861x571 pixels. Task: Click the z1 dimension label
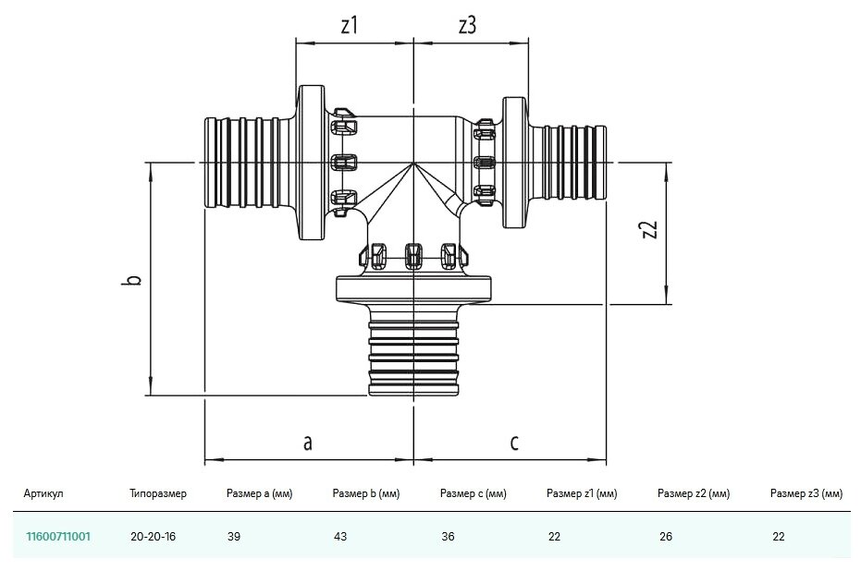click(x=349, y=26)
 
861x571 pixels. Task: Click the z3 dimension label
click(x=467, y=26)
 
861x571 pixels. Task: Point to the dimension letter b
click(x=133, y=279)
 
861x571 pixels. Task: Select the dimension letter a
click(x=307, y=443)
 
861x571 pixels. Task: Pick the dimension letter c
click(x=514, y=443)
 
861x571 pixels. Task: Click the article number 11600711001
click(x=57, y=536)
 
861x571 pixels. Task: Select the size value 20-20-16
click(x=154, y=536)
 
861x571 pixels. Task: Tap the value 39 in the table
click(x=233, y=536)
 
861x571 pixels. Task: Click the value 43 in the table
click(x=339, y=536)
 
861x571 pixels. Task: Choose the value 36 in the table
click(x=448, y=536)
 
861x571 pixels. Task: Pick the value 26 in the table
click(x=664, y=536)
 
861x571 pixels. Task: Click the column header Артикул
click(x=44, y=494)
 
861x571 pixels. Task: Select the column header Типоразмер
click(x=158, y=494)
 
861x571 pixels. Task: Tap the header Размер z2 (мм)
click(x=694, y=494)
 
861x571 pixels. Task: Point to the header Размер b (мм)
click(x=365, y=494)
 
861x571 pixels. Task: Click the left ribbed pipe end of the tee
click(x=242, y=164)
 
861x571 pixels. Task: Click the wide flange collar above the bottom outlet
click(x=413, y=288)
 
